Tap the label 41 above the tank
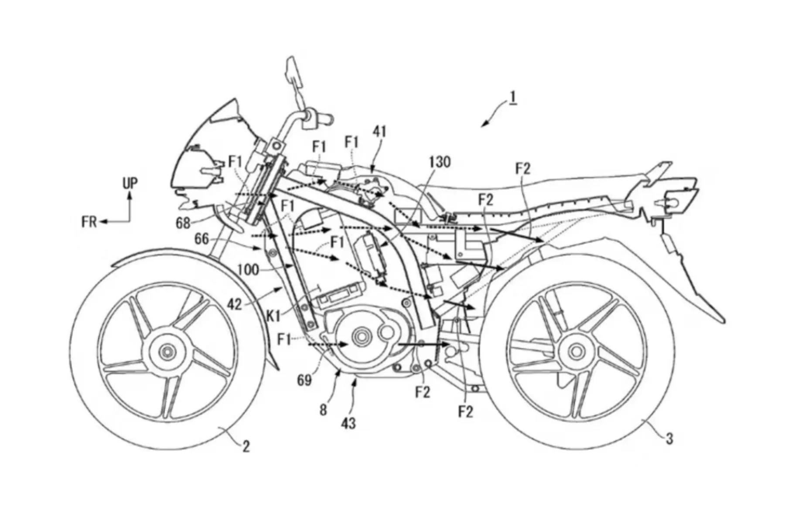click(x=380, y=132)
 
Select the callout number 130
click(x=440, y=162)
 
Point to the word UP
click(x=130, y=184)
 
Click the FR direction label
click(x=89, y=222)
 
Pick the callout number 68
click(x=184, y=223)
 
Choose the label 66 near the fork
click(x=201, y=239)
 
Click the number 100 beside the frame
click(x=248, y=270)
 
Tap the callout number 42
click(x=234, y=304)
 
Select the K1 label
click(x=273, y=317)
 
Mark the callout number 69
click(x=304, y=380)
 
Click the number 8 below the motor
click(x=323, y=410)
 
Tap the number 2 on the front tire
click(x=246, y=446)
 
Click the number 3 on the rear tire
click(x=669, y=438)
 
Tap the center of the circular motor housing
click(x=362, y=336)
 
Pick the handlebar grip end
click(x=327, y=118)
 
